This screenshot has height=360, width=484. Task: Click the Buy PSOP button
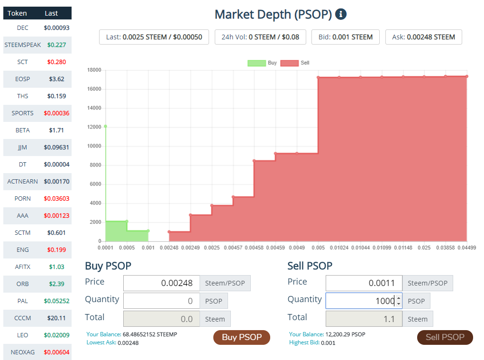[x=241, y=337]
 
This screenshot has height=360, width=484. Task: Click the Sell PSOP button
[x=445, y=337]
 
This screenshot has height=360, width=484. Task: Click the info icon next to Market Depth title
[x=340, y=14]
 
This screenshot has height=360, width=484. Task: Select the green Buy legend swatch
[x=256, y=63]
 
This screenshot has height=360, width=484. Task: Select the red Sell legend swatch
[x=289, y=63]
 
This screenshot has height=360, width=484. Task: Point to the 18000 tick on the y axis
[x=94, y=70]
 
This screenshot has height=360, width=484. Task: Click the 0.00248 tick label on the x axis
[x=169, y=248]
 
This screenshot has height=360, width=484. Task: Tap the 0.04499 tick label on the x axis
[x=466, y=248]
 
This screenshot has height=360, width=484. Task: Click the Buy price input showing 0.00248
[x=162, y=283]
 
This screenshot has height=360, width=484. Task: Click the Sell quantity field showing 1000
[x=360, y=301]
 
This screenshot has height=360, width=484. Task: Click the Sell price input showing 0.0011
[x=364, y=283]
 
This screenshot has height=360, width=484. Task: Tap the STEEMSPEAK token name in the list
[x=23, y=45]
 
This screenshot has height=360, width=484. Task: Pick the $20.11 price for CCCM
[x=56, y=318]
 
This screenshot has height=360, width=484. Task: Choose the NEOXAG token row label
[x=23, y=352]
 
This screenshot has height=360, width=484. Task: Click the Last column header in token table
[x=51, y=13]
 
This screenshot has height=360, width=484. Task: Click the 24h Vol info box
[x=260, y=37]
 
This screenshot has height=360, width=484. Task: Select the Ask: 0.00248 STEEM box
[x=423, y=37]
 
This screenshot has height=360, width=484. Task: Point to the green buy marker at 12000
[x=105, y=126]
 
